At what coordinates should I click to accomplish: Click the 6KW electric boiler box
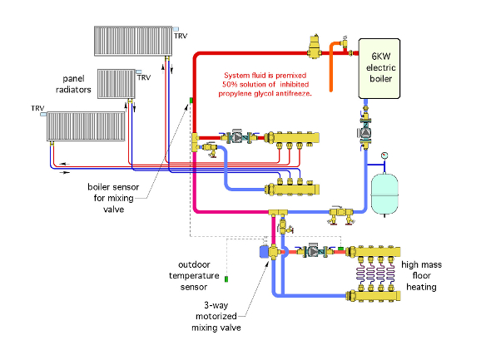[x=379, y=69]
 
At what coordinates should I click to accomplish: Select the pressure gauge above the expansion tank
[x=384, y=155]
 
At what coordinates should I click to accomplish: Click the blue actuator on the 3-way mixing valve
[x=264, y=252]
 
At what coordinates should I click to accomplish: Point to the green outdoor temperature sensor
[x=226, y=279]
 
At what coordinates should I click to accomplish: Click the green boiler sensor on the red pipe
[x=191, y=101]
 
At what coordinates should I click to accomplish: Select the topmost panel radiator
[x=133, y=41]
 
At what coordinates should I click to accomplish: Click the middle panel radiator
[x=117, y=84]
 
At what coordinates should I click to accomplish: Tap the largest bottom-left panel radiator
[x=86, y=126]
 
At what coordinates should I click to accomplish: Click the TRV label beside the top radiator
[x=181, y=36]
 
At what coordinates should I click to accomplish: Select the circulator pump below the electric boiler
[x=365, y=132]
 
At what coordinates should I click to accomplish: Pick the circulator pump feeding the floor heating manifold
[x=314, y=251]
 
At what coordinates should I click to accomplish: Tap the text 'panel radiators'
[x=73, y=84]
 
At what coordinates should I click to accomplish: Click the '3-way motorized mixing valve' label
[x=216, y=316]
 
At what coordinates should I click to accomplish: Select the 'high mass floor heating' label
[x=421, y=276]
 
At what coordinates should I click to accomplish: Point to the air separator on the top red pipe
[x=314, y=47]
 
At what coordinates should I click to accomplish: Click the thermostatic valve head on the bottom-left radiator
[x=43, y=114]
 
